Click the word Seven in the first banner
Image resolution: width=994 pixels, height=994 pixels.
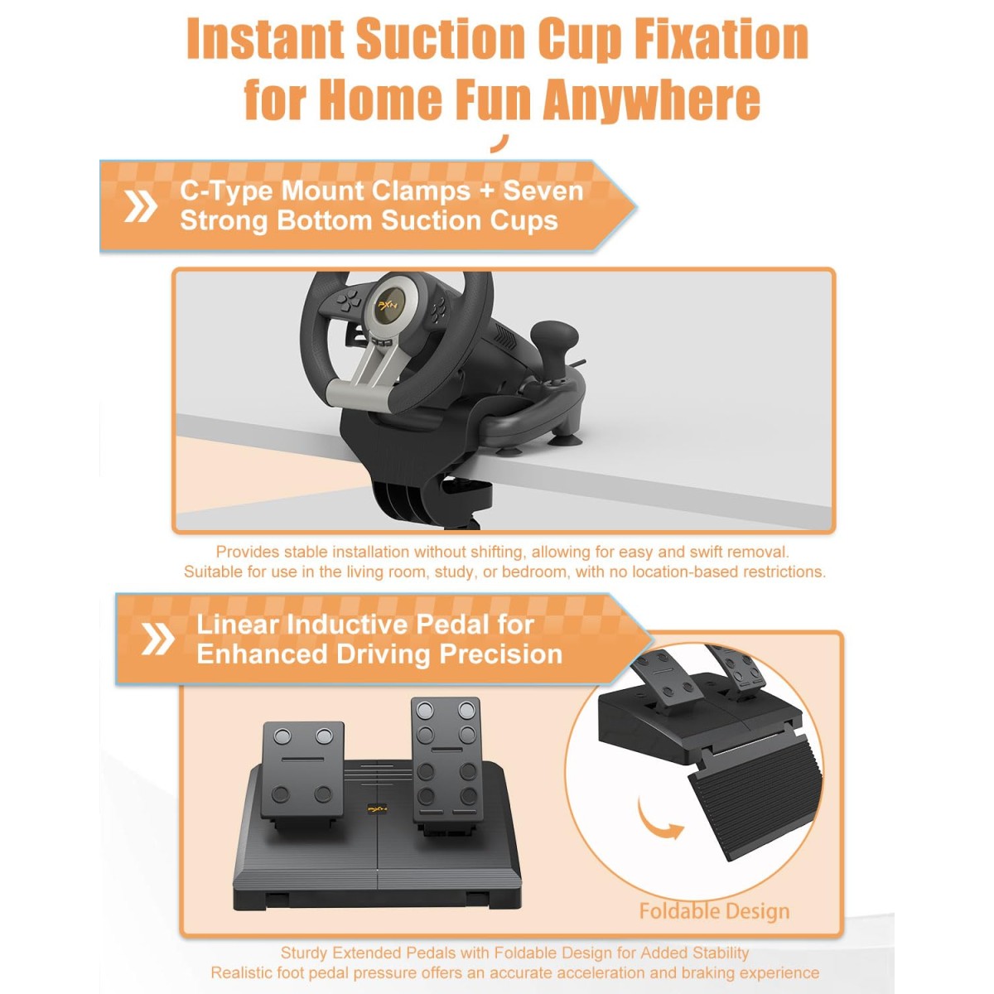click(543, 191)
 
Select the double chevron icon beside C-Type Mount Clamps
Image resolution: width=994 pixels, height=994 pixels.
click(140, 206)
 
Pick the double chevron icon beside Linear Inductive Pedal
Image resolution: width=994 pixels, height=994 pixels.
click(157, 639)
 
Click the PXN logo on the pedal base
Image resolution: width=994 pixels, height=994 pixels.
click(378, 809)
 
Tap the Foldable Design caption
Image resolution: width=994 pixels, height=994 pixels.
click(714, 911)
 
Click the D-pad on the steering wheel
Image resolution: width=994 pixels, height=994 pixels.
click(350, 300)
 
